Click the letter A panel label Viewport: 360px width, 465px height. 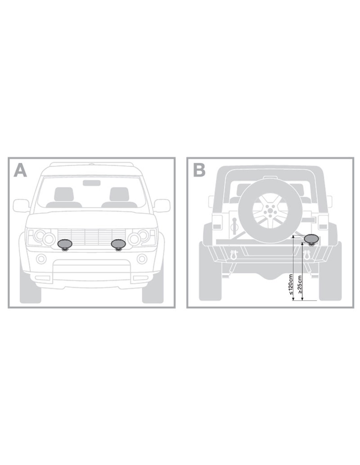[20, 171]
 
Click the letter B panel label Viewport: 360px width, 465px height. [199, 171]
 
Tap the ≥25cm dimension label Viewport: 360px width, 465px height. [300, 284]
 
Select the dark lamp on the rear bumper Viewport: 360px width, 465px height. [311, 240]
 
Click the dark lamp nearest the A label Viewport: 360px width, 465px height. [65, 245]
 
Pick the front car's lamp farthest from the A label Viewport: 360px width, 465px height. [118, 245]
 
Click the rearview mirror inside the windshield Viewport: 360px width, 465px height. [92, 183]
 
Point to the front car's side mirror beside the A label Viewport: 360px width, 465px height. [21, 206]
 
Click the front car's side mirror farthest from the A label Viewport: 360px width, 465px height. [162, 206]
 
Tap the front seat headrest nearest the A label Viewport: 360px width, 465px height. [64, 194]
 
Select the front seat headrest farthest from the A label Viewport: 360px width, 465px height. [119, 194]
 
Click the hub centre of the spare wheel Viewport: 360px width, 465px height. [269, 212]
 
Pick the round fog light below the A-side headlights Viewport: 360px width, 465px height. [41, 259]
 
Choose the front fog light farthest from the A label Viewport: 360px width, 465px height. [142, 259]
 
